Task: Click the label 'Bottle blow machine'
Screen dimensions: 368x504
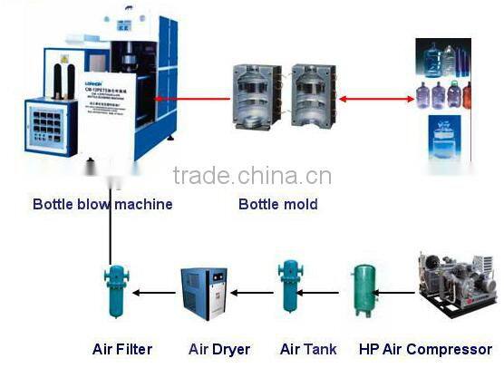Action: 102,204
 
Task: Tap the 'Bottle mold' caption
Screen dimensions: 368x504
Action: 277,204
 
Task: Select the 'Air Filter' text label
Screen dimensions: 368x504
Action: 122,349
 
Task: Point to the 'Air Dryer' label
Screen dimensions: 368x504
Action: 218,349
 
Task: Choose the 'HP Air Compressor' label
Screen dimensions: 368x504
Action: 425,349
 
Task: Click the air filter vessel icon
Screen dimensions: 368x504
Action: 117,292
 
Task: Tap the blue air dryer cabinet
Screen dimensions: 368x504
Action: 205,292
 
